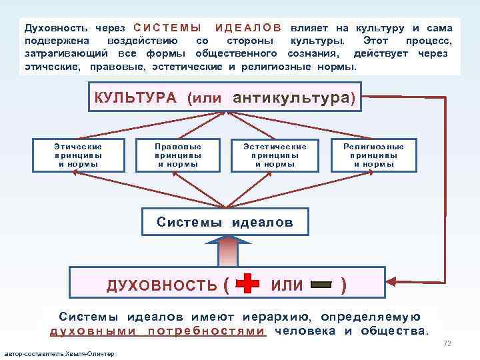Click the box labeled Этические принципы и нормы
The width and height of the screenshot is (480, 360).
[x=78, y=155]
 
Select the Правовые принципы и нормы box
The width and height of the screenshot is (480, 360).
[x=177, y=155]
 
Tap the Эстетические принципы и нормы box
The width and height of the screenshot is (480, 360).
[x=275, y=155]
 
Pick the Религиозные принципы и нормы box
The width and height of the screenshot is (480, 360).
[x=373, y=155]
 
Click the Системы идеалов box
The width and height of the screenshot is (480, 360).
[x=225, y=222]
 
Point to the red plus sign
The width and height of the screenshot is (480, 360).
[x=247, y=285]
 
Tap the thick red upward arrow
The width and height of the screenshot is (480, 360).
[x=228, y=251]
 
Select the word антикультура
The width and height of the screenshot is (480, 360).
[x=291, y=97]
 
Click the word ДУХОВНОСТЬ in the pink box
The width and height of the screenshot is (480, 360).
[x=162, y=286]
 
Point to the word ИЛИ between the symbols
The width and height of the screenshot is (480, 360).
[x=287, y=286]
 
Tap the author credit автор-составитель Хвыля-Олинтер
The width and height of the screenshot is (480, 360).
[x=60, y=353]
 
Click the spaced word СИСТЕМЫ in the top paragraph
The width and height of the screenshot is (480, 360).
[x=167, y=28]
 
